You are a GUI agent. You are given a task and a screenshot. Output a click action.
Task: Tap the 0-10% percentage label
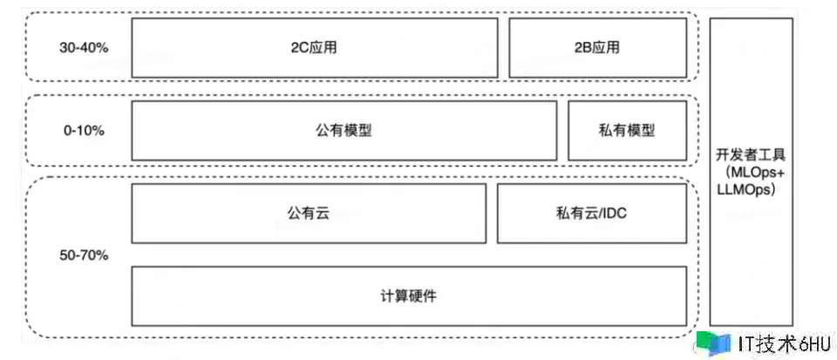(x=84, y=131)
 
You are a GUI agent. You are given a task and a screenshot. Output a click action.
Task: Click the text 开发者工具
(x=751, y=157)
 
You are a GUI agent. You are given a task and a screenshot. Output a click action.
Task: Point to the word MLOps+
(x=751, y=174)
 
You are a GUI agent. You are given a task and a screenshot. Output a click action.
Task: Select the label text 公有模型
(x=344, y=131)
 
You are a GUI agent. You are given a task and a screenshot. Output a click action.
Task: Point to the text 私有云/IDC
(x=590, y=213)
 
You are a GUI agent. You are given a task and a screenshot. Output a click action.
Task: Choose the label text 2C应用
(x=315, y=48)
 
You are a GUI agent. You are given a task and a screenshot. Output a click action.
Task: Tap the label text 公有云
(x=309, y=213)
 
